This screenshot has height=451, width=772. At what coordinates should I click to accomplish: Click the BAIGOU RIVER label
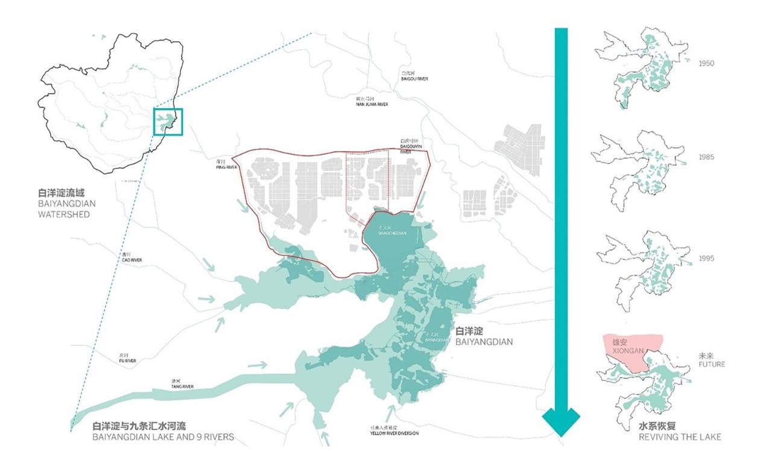pyautogui.click(x=414, y=78)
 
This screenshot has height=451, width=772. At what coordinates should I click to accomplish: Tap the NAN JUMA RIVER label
pyautogui.click(x=372, y=104)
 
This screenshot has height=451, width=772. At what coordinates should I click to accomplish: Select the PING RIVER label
pyautogui.click(x=224, y=167)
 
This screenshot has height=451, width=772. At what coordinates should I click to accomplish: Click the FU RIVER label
pyautogui.click(x=127, y=360)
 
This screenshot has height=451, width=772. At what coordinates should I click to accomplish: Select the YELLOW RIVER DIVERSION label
pyautogui.click(x=394, y=433)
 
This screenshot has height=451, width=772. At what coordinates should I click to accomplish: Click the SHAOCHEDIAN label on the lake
pyautogui.click(x=393, y=233)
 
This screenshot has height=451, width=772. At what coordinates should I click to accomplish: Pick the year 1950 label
pyautogui.click(x=706, y=63)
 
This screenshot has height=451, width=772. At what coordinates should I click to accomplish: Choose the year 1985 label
pyautogui.click(x=706, y=157)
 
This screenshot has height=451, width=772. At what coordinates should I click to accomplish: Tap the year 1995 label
pyautogui.click(x=706, y=258)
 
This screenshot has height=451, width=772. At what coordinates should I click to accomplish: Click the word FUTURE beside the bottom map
pyautogui.click(x=712, y=365)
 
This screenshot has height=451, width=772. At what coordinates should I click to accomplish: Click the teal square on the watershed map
pyautogui.click(x=168, y=121)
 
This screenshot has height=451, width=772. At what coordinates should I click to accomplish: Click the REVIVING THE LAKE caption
pyautogui.click(x=680, y=437)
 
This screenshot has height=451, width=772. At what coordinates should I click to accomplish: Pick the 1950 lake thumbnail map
pyautogui.click(x=641, y=66)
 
